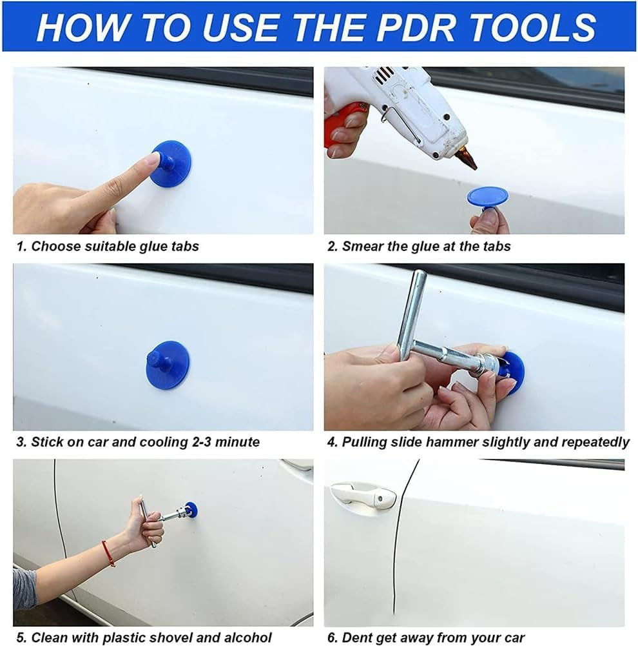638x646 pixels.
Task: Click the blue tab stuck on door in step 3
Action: pyautogui.click(x=168, y=365)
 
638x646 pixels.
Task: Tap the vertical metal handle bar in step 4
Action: pyautogui.click(x=412, y=313)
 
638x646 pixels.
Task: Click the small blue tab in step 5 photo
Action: pyautogui.click(x=191, y=509)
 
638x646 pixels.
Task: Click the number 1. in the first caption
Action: pyautogui.click(x=21, y=246)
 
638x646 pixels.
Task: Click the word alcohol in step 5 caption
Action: pyautogui.click(x=247, y=638)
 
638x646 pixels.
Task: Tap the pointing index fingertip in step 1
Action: pyautogui.click(x=153, y=158)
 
